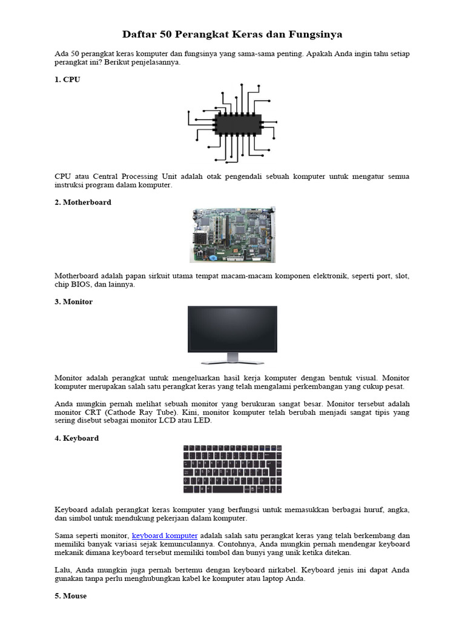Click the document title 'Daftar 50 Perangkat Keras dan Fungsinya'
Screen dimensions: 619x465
[232, 34]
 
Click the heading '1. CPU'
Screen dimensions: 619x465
[67, 79]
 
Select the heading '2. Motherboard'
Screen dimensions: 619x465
[83, 203]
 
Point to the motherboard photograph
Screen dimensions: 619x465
[232, 235]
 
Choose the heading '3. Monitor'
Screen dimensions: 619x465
[73, 302]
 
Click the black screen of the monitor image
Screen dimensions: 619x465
[232, 329]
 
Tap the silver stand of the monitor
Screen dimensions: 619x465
[232, 360]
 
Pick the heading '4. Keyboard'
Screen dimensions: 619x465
[76, 438]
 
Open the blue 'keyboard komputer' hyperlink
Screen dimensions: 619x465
[165, 536]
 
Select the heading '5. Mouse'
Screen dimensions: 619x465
[70, 596]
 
